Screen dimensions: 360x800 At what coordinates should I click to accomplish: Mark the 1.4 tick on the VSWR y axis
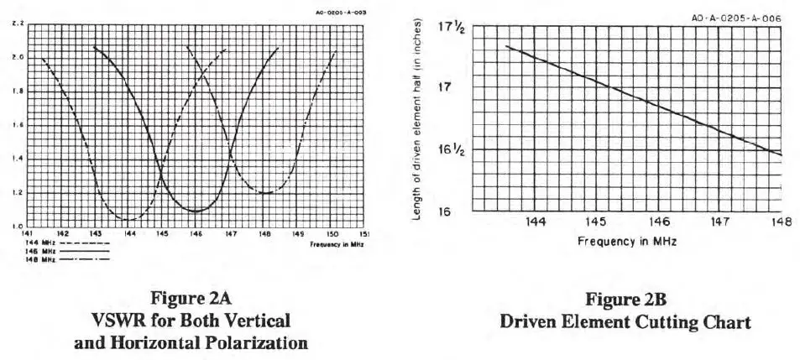click(18, 159)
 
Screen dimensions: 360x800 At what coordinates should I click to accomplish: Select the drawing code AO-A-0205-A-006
click(735, 18)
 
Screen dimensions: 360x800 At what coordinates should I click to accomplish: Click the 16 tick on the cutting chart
click(445, 211)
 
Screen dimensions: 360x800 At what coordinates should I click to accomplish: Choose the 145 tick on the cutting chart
click(595, 222)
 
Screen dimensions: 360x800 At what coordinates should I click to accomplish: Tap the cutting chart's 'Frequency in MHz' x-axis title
click(626, 241)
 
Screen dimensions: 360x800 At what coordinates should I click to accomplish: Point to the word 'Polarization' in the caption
click(262, 342)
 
